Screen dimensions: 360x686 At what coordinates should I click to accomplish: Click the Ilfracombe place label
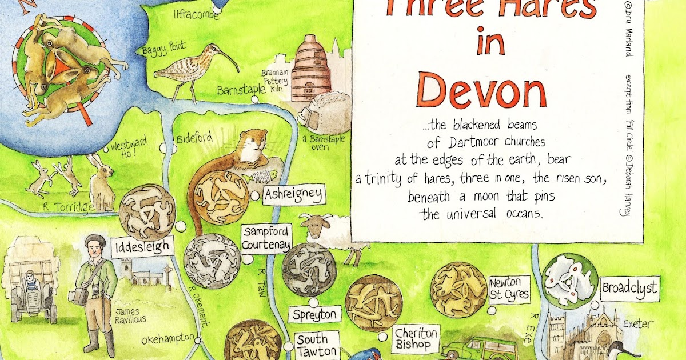pos(196,14)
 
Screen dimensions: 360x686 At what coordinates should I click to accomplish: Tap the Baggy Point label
pos(161,48)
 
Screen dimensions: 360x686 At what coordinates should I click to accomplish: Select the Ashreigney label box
pos(293,194)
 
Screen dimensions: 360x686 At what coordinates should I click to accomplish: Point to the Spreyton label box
pos(315,314)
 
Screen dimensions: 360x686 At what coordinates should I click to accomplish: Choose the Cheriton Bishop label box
pos(416,338)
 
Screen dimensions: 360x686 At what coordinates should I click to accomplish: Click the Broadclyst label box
pos(629,286)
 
